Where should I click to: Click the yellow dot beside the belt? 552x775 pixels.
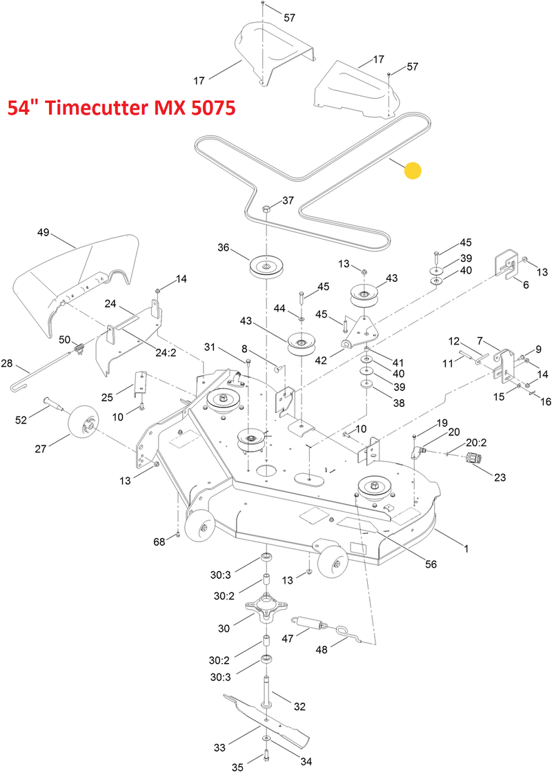pos(412,171)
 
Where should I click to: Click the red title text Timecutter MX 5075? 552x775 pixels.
pos(121,109)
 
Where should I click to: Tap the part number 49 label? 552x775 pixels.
pos(43,233)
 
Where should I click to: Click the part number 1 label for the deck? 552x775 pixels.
pos(466,549)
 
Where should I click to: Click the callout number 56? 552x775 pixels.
pos(431,564)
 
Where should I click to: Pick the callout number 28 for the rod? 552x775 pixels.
pos(8,363)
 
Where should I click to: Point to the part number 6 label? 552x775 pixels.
pos(526,285)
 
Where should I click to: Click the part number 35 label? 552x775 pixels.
pos(237,767)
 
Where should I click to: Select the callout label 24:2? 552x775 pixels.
pos(165,352)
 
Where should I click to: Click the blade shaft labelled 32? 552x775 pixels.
pos(266,691)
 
